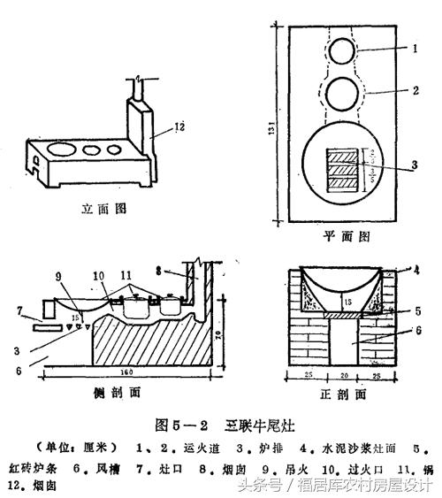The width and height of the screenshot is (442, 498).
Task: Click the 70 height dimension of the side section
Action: pyautogui.click(x=227, y=333)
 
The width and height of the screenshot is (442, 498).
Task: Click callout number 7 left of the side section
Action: pyautogui.click(x=21, y=310)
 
